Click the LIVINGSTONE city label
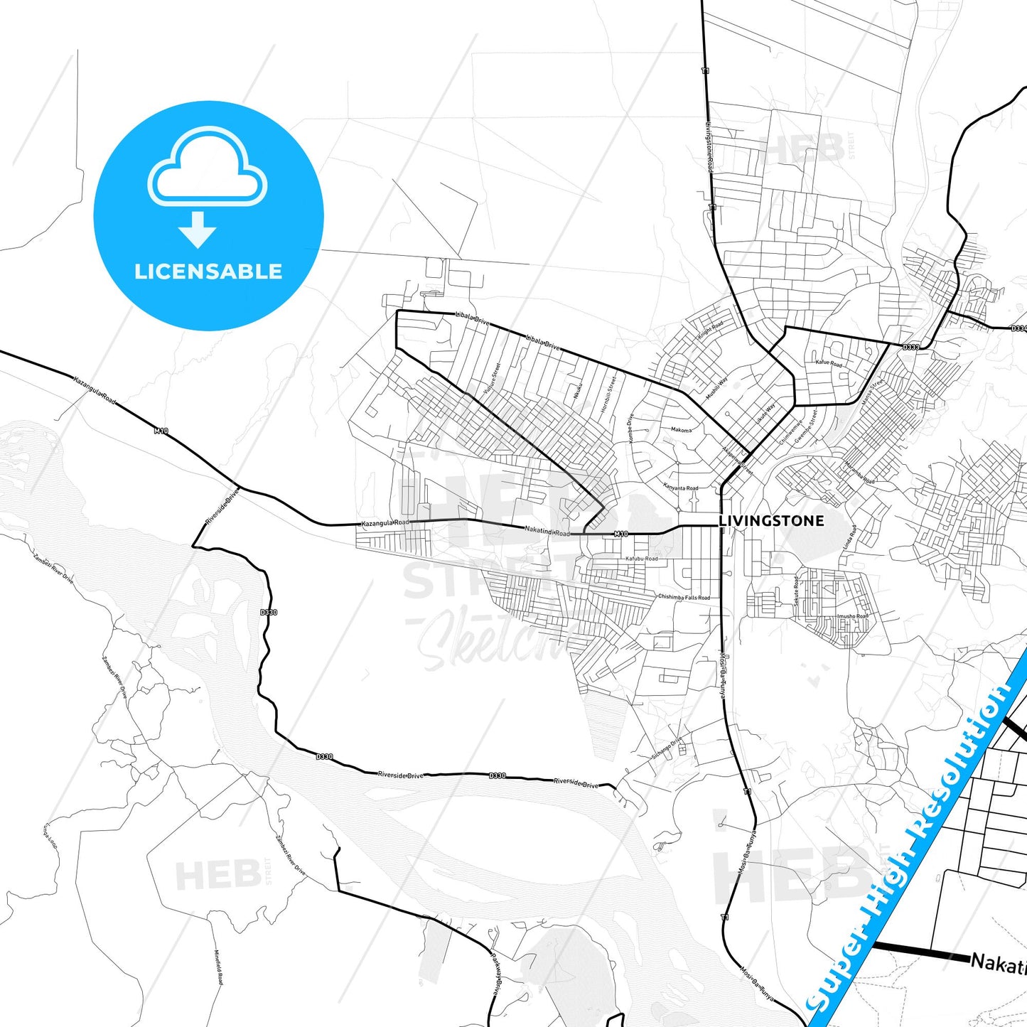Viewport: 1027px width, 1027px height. tap(771, 521)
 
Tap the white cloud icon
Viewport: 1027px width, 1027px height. tap(208, 169)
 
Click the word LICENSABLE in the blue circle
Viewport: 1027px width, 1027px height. tap(208, 271)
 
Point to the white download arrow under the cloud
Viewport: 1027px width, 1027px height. tap(198, 230)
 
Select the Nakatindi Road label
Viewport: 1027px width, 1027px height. tap(547, 531)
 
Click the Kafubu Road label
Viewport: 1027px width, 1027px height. tap(641, 559)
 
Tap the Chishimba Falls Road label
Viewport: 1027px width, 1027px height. tap(684, 598)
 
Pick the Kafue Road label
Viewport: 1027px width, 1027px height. tap(828, 363)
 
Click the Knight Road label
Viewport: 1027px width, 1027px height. tap(710, 329)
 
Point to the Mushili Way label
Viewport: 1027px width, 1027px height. tap(716, 389)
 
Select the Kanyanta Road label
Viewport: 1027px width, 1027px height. tap(680, 488)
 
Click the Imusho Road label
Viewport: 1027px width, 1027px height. tap(852, 616)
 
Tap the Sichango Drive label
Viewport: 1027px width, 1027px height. tap(667, 748)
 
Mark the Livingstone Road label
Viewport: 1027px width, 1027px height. tap(709, 146)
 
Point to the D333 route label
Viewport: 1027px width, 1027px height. tap(910, 348)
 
